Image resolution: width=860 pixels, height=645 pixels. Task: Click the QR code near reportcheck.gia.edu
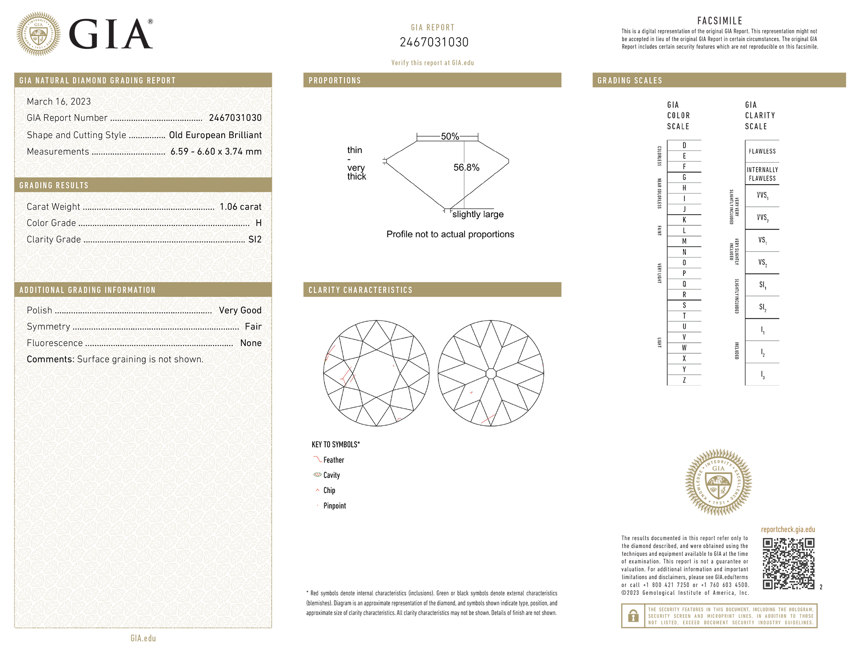(788, 563)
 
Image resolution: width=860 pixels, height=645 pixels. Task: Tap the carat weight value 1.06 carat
(241, 207)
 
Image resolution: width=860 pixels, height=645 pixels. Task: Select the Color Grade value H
(258, 223)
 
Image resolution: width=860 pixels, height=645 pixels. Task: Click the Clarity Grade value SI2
(255, 240)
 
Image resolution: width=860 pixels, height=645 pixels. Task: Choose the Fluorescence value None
(251, 343)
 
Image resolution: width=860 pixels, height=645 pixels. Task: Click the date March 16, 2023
(59, 102)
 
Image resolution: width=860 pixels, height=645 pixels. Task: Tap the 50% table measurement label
(450, 137)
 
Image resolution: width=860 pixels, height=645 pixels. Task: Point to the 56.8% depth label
(466, 168)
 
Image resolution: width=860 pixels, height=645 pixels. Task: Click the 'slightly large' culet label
(478, 215)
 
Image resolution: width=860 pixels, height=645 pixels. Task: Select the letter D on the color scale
(684, 146)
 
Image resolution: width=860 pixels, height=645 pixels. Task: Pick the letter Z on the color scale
(684, 380)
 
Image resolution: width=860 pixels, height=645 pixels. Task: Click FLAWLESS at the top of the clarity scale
(762, 151)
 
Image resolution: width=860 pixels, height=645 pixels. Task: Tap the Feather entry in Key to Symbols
(333, 460)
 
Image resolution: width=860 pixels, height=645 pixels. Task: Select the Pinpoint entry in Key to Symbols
(334, 506)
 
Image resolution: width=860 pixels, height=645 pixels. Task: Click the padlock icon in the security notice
(633, 616)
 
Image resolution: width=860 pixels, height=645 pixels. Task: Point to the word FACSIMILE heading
(719, 21)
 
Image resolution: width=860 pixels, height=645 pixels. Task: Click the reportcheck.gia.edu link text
(788, 529)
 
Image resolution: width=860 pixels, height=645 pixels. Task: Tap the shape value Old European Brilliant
(215, 135)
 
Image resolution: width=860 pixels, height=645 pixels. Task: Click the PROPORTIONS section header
(335, 81)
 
